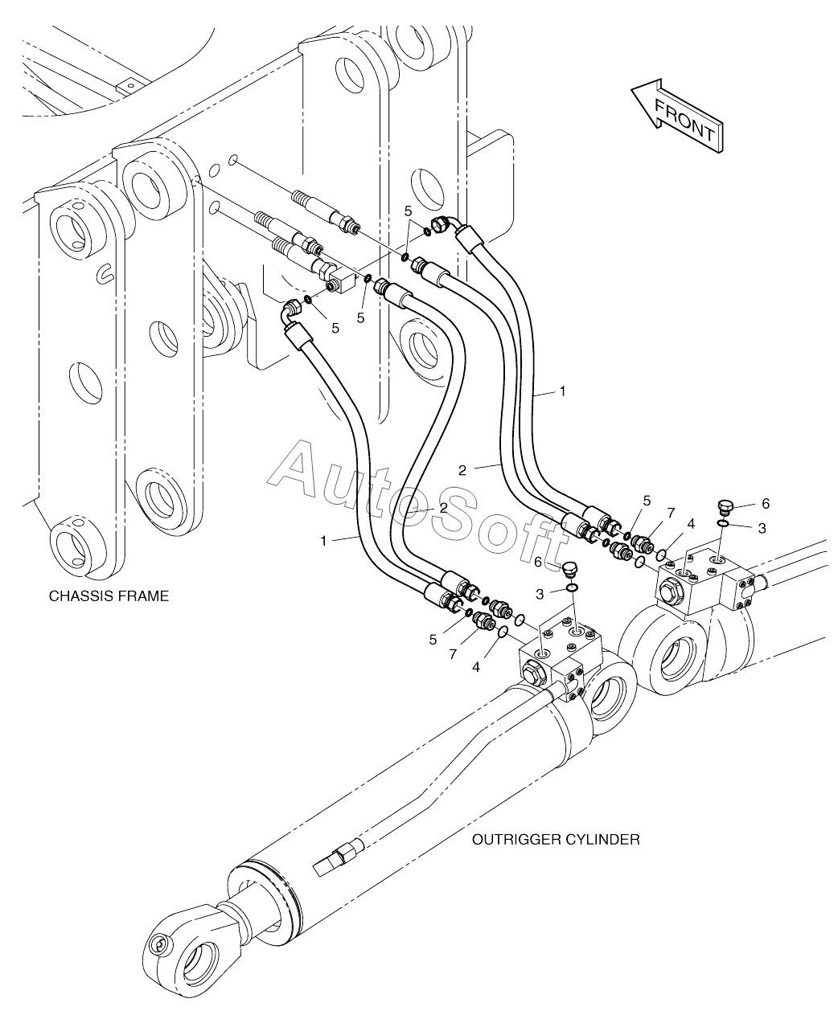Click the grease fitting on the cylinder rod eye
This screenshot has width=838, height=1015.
click(x=159, y=945)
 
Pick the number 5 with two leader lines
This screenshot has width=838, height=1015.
click(x=408, y=211)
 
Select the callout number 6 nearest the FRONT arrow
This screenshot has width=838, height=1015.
click(x=766, y=504)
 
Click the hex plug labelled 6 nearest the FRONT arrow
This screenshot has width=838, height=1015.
click(x=724, y=507)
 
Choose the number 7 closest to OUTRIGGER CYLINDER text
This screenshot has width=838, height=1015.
click(x=453, y=655)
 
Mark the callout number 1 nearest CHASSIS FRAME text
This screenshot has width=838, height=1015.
click(x=324, y=541)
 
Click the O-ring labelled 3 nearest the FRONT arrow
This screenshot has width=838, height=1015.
click(x=724, y=524)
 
